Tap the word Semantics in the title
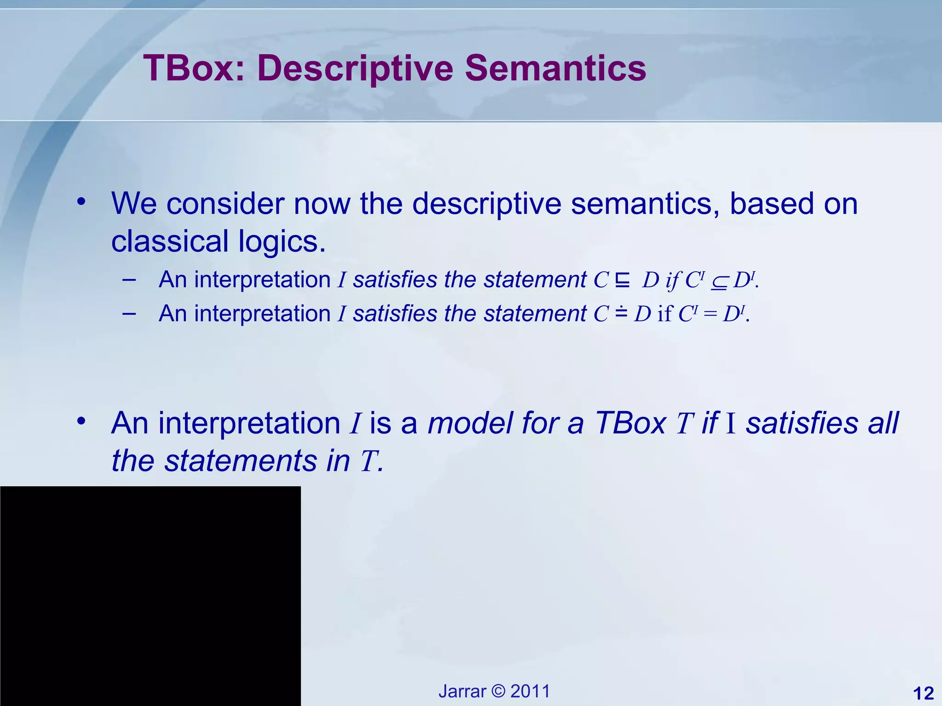click(x=555, y=68)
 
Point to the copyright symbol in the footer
click(x=498, y=691)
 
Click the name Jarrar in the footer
click(x=462, y=691)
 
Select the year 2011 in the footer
click(x=530, y=691)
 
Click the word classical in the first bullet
click(x=170, y=241)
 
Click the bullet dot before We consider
click(x=81, y=201)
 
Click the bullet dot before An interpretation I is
click(x=81, y=420)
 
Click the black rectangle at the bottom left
click(x=150, y=596)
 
